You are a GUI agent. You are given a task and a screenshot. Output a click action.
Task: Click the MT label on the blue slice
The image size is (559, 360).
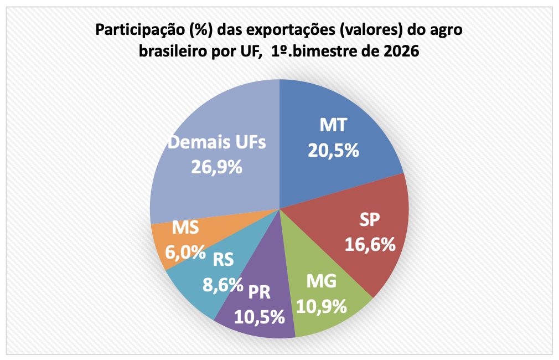pos(333,126)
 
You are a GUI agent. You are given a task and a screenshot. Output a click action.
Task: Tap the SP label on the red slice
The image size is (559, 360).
pos(369,220)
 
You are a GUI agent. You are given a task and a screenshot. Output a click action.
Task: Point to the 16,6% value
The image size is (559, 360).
pos(370,244)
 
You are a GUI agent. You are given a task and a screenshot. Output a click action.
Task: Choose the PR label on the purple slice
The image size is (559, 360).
pos(259,292)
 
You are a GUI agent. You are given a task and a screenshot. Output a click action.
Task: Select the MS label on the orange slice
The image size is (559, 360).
pos(185,227)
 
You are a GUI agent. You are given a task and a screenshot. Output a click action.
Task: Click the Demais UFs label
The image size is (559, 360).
pos(217,142)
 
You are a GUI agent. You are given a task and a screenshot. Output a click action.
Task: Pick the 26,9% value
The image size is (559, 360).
pos(216,167)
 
